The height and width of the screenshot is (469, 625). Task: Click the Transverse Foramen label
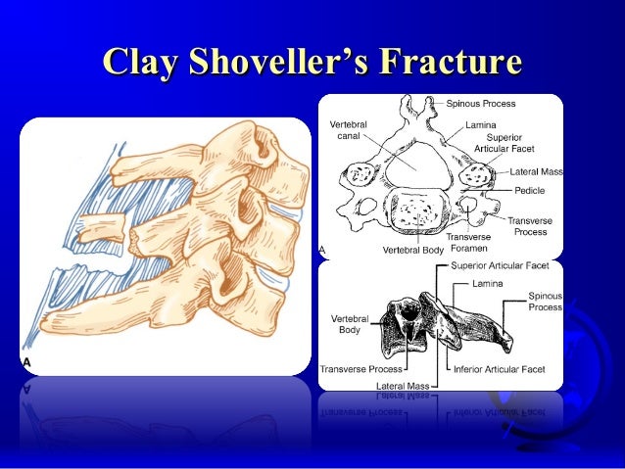(x=469, y=242)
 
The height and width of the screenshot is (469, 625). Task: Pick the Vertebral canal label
(x=350, y=132)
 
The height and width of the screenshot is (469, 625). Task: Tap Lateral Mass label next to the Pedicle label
(x=534, y=171)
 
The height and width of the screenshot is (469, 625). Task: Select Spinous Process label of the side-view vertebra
(x=545, y=301)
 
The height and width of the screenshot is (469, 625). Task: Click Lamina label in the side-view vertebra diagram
(x=487, y=284)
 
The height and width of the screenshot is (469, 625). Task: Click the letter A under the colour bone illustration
(x=26, y=361)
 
